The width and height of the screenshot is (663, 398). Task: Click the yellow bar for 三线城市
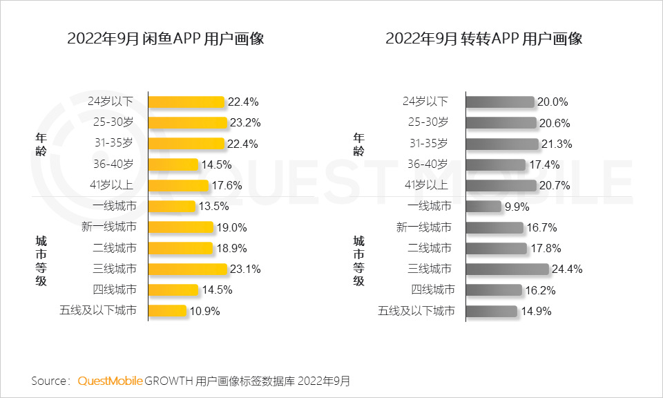click(187, 269)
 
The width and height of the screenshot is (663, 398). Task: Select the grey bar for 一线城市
click(483, 206)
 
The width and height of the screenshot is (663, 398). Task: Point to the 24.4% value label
click(567, 269)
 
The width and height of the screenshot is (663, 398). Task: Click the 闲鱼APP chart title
click(166, 39)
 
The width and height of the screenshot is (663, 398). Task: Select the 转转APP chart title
click(484, 39)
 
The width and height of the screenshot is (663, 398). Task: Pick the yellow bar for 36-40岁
click(173, 164)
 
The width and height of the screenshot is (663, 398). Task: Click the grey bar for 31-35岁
click(502, 144)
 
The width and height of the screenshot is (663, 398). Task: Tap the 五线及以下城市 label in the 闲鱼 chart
click(97, 310)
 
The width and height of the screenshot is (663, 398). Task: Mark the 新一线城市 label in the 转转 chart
click(424, 227)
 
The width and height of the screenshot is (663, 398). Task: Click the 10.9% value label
click(204, 311)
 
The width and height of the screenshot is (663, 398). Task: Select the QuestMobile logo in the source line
click(110, 381)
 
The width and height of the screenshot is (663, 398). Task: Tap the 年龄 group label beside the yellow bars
click(41, 144)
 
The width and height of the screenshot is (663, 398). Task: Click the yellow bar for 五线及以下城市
click(167, 310)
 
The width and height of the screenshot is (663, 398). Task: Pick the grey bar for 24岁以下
click(501, 102)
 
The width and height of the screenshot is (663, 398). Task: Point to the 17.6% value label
click(227, 185)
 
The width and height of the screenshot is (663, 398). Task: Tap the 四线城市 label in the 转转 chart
click(432, 290)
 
